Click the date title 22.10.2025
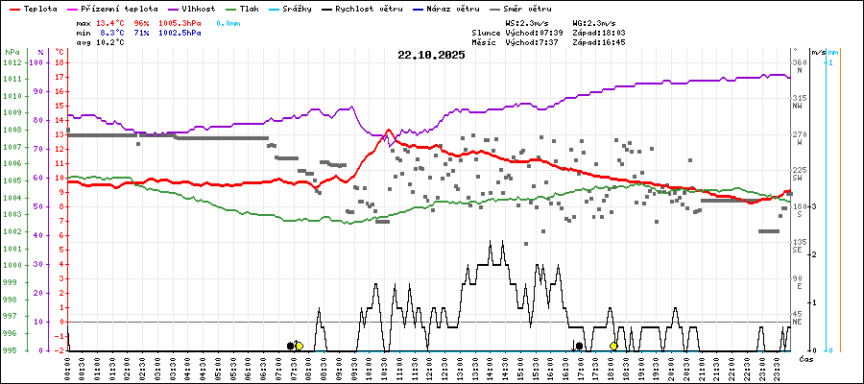[x=431, y=55]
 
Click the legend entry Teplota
[x=39, y=9]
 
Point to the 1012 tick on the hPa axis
[x=12, y=62]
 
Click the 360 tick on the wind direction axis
[x=799, y=62]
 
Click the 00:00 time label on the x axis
[x=67, y=367]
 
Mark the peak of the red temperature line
[x=388, y=131]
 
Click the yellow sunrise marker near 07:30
[x=299, y=346]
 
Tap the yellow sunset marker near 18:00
[x=613, y=346]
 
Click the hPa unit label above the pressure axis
[x=12, y=52]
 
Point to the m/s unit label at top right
[x=817, y=52]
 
